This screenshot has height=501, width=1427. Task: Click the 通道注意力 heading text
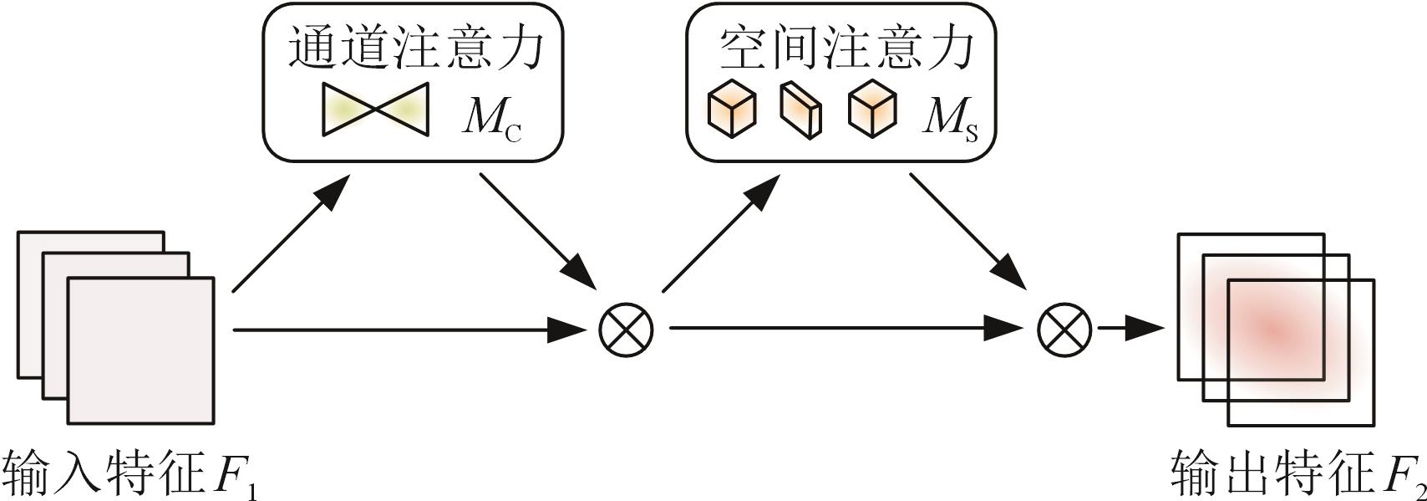coord(415,49)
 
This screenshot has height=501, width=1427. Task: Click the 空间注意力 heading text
coord(846,49)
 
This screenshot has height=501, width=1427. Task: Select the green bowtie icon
coord(376,110)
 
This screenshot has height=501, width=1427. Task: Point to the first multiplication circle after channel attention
coord(626,328)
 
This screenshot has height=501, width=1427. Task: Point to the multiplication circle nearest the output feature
coord(1064,328)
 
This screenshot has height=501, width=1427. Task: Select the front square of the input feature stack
coord(140,350)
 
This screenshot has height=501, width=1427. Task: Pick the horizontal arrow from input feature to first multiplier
coord(409,330)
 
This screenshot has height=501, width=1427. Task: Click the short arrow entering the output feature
coord(1130,328)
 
